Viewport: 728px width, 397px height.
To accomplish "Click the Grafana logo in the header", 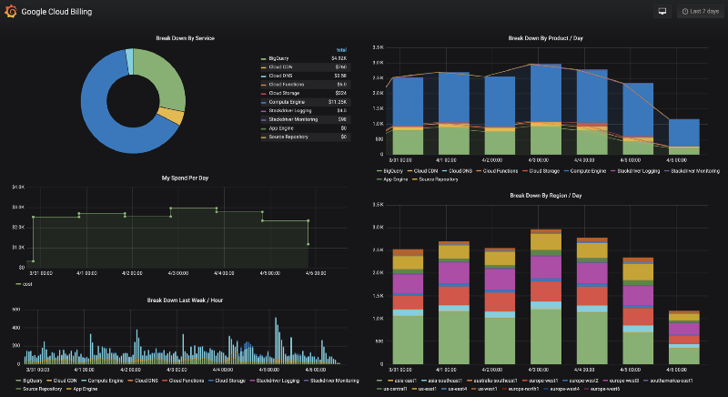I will point(11,12).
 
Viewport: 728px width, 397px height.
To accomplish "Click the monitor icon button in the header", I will point(662,12).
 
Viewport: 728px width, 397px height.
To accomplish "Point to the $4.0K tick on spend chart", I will point(17,187).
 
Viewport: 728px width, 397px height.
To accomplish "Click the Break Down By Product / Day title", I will point(547,38).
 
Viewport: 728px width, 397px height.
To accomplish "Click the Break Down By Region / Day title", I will point(547,195).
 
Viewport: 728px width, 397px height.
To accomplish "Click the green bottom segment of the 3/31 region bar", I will point(408,341).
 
